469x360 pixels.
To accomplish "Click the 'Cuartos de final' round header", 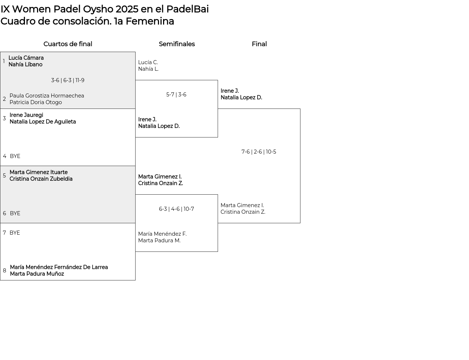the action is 68,44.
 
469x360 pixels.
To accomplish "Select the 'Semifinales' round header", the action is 177,44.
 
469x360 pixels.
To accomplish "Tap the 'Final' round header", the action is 259,44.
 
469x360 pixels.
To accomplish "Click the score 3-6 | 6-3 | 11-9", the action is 68,80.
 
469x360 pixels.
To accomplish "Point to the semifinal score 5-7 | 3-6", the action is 176,95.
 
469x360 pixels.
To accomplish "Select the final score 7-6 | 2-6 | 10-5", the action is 259,152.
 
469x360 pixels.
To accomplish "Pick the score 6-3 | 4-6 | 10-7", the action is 176,209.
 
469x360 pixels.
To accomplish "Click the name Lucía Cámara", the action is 26,58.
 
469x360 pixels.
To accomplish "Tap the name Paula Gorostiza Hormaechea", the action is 47,96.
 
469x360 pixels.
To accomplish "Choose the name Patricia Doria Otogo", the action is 36,102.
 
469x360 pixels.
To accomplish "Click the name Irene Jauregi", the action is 26,115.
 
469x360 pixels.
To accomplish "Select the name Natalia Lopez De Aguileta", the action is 43,122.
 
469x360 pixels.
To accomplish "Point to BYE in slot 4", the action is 15,156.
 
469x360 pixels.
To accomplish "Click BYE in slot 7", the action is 15,233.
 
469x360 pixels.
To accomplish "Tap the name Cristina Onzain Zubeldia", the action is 41,179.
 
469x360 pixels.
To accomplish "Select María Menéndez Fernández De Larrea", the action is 59,267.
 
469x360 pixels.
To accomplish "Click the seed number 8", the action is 4,271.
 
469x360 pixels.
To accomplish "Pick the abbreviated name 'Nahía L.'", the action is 148,69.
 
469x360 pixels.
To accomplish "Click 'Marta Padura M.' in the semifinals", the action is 159,240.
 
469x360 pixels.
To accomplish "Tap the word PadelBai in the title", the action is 188,9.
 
